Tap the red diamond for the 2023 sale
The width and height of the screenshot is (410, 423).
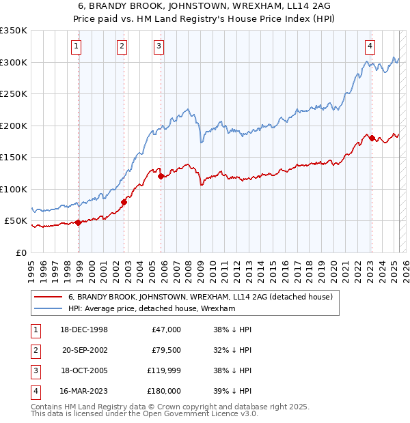click(x=372, y=138)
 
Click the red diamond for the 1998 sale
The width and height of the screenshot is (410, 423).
click(x=78, y=222)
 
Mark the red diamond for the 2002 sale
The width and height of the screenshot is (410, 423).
click(x=124, y=202)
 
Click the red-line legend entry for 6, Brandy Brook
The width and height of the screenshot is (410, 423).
click(x=200, y=297)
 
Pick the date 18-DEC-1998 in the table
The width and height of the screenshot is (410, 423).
click(x=84, y=330)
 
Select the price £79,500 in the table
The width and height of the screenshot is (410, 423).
click(x=166, y=351)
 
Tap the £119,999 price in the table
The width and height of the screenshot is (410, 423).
click(x=163, y=372)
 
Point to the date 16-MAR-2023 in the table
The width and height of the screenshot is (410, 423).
click(x=84, y=392)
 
